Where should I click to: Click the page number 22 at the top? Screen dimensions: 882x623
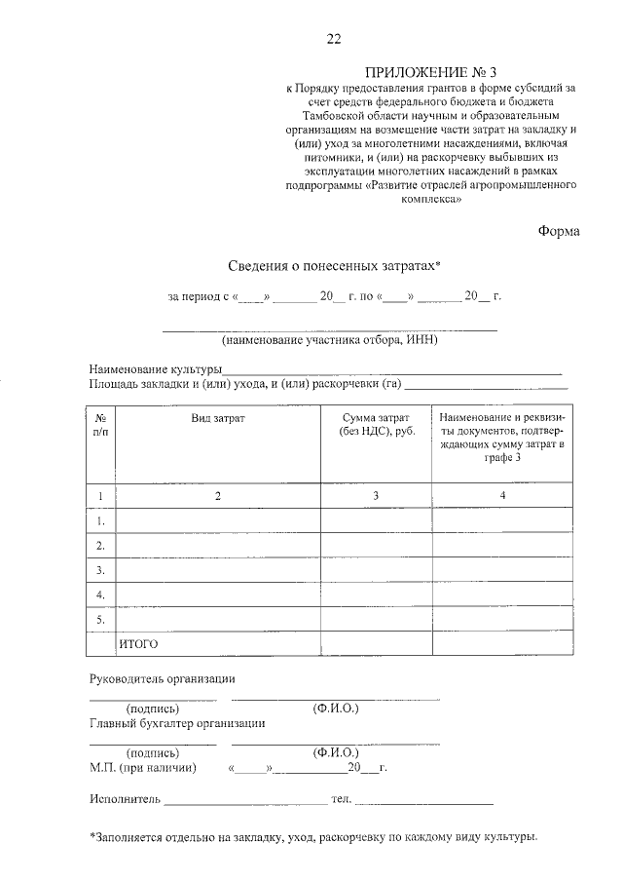point(334,39)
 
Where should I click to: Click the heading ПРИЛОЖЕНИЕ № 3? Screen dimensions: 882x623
point(430,73)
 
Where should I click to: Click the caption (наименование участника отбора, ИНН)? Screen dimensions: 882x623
point(329,340)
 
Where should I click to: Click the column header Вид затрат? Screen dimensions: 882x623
point(218,418)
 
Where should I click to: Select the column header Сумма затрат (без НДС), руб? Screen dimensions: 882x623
point(377,424)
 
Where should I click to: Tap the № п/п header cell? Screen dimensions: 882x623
point(101,424)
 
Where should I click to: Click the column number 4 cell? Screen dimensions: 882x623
point(501,496)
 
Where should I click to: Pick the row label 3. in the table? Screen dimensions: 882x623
point(101,569)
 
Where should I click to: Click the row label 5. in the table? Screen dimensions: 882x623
point(101,619)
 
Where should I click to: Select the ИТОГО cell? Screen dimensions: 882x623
point(138,644)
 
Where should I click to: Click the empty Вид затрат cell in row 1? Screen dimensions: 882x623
point(218,520)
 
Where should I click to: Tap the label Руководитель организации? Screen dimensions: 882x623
point(163,678)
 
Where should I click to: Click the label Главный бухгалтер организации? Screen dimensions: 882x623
point(177,723)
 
